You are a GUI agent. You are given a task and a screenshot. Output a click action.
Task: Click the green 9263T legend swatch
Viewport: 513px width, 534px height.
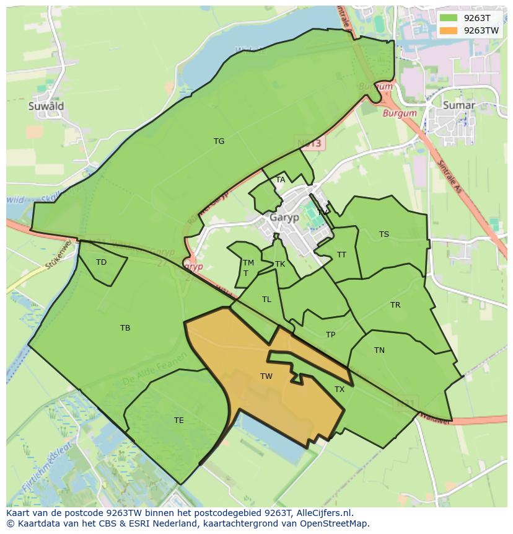point(449,18)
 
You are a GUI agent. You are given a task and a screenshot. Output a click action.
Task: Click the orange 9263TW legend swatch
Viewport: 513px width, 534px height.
point(449,30)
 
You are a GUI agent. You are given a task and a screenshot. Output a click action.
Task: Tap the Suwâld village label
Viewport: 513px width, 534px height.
point(46,106)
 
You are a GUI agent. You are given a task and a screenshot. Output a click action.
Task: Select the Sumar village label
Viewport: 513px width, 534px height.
point(459,105)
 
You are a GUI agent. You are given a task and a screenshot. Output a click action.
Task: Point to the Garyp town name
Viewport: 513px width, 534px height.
point(284,218)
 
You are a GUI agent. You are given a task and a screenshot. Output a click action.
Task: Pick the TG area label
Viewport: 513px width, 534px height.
point(219,141)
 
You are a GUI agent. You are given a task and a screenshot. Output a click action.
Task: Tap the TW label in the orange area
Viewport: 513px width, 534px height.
point(266,376)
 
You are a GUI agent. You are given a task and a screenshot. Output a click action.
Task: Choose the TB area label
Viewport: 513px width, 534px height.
point(125,328)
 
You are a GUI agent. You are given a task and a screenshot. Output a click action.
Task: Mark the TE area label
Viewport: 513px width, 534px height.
point(179,421)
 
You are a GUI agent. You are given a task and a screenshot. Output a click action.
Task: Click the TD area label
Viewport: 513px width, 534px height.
point(101,262)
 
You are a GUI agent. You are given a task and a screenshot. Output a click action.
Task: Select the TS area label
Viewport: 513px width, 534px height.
point(384,234)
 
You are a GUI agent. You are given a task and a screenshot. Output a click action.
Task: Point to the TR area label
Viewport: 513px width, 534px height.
point(395,305)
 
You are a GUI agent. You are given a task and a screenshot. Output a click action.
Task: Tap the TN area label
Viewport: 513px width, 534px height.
point(379,350)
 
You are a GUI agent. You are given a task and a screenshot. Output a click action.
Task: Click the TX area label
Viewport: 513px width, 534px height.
point(340,389)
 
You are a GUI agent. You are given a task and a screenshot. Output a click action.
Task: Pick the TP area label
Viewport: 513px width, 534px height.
point(331,335)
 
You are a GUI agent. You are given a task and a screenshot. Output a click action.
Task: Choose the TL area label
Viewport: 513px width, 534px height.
point(266,300)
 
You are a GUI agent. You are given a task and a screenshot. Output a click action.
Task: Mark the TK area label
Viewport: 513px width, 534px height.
point(280,264)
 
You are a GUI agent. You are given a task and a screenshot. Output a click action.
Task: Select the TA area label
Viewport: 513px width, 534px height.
point(281,180)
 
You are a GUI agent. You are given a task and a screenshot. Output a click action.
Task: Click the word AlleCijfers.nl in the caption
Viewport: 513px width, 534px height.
point(322,513)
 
